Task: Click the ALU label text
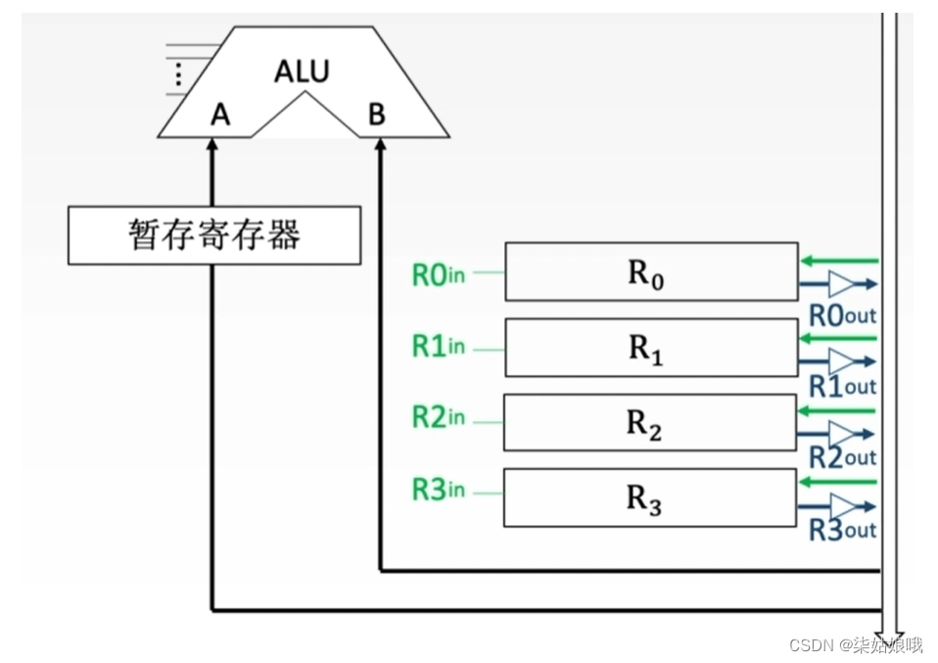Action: [x=302, y=71]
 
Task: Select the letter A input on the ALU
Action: [x=220, y=116]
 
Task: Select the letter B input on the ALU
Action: [x=377, y=116]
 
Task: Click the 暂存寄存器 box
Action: [x=213, y=235]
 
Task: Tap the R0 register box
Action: [x=650, y=271]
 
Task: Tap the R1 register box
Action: [x=650, y=348]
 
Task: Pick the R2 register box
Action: [x=650, y=422]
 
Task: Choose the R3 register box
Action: [x=650, y=497]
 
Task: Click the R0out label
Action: [x=842, y=315]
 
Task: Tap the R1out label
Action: [x=842, y=387]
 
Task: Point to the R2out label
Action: [x=842, y=457]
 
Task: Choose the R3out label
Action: [x=842, y=530]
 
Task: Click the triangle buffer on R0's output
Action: [x=840, y=285]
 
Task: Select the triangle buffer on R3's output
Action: [x=840, y=507]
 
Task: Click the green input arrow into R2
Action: [x=837, y=410]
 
